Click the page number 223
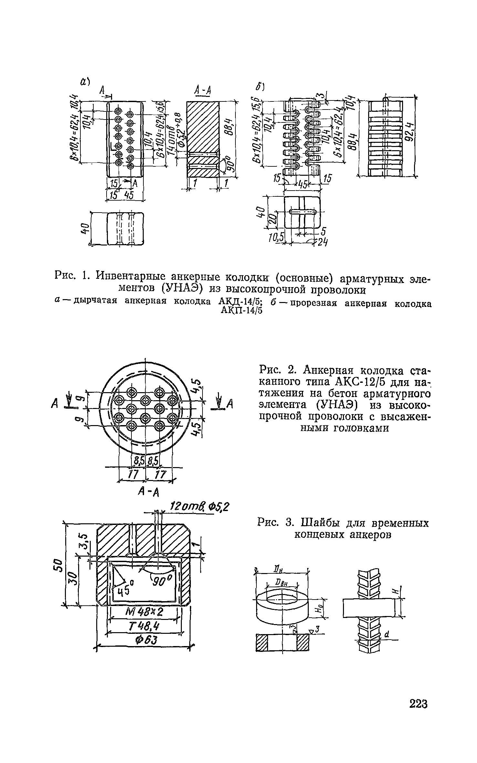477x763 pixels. point(418,713)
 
